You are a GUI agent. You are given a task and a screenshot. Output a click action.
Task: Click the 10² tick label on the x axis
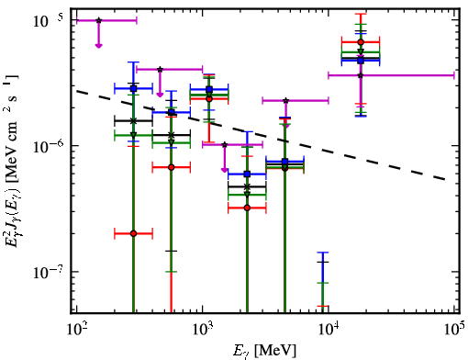tap(77, 330)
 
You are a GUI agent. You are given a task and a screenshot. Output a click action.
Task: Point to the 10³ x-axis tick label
tap(203, 330)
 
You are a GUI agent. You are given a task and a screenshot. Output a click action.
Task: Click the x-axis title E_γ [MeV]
tap(264, 350)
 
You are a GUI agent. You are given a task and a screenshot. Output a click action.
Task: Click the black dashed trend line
tap(261, 135)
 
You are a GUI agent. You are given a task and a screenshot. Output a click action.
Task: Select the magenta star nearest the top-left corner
tap(98, 20)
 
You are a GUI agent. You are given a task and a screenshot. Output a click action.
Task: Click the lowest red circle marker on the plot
tap(133, 233)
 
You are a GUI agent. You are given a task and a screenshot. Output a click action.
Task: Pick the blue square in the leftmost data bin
tap(133, 89)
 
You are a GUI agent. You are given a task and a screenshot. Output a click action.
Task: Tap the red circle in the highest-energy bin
tap(361, 42)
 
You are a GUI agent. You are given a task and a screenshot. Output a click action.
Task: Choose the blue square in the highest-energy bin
tap(361, 61)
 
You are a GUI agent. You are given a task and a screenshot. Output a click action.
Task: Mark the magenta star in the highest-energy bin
tap(361, 75)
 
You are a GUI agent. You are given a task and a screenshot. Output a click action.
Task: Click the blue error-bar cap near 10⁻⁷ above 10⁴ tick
tap(323, 253)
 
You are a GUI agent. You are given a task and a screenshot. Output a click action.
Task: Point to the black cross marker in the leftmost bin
tap(133, 121)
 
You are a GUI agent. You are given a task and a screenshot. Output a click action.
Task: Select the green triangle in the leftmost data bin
tap(133, 135)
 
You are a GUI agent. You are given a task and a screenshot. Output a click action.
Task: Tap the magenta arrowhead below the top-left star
tap(98, 46)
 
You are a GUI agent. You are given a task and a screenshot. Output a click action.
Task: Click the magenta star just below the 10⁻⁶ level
tap(225, 144)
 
